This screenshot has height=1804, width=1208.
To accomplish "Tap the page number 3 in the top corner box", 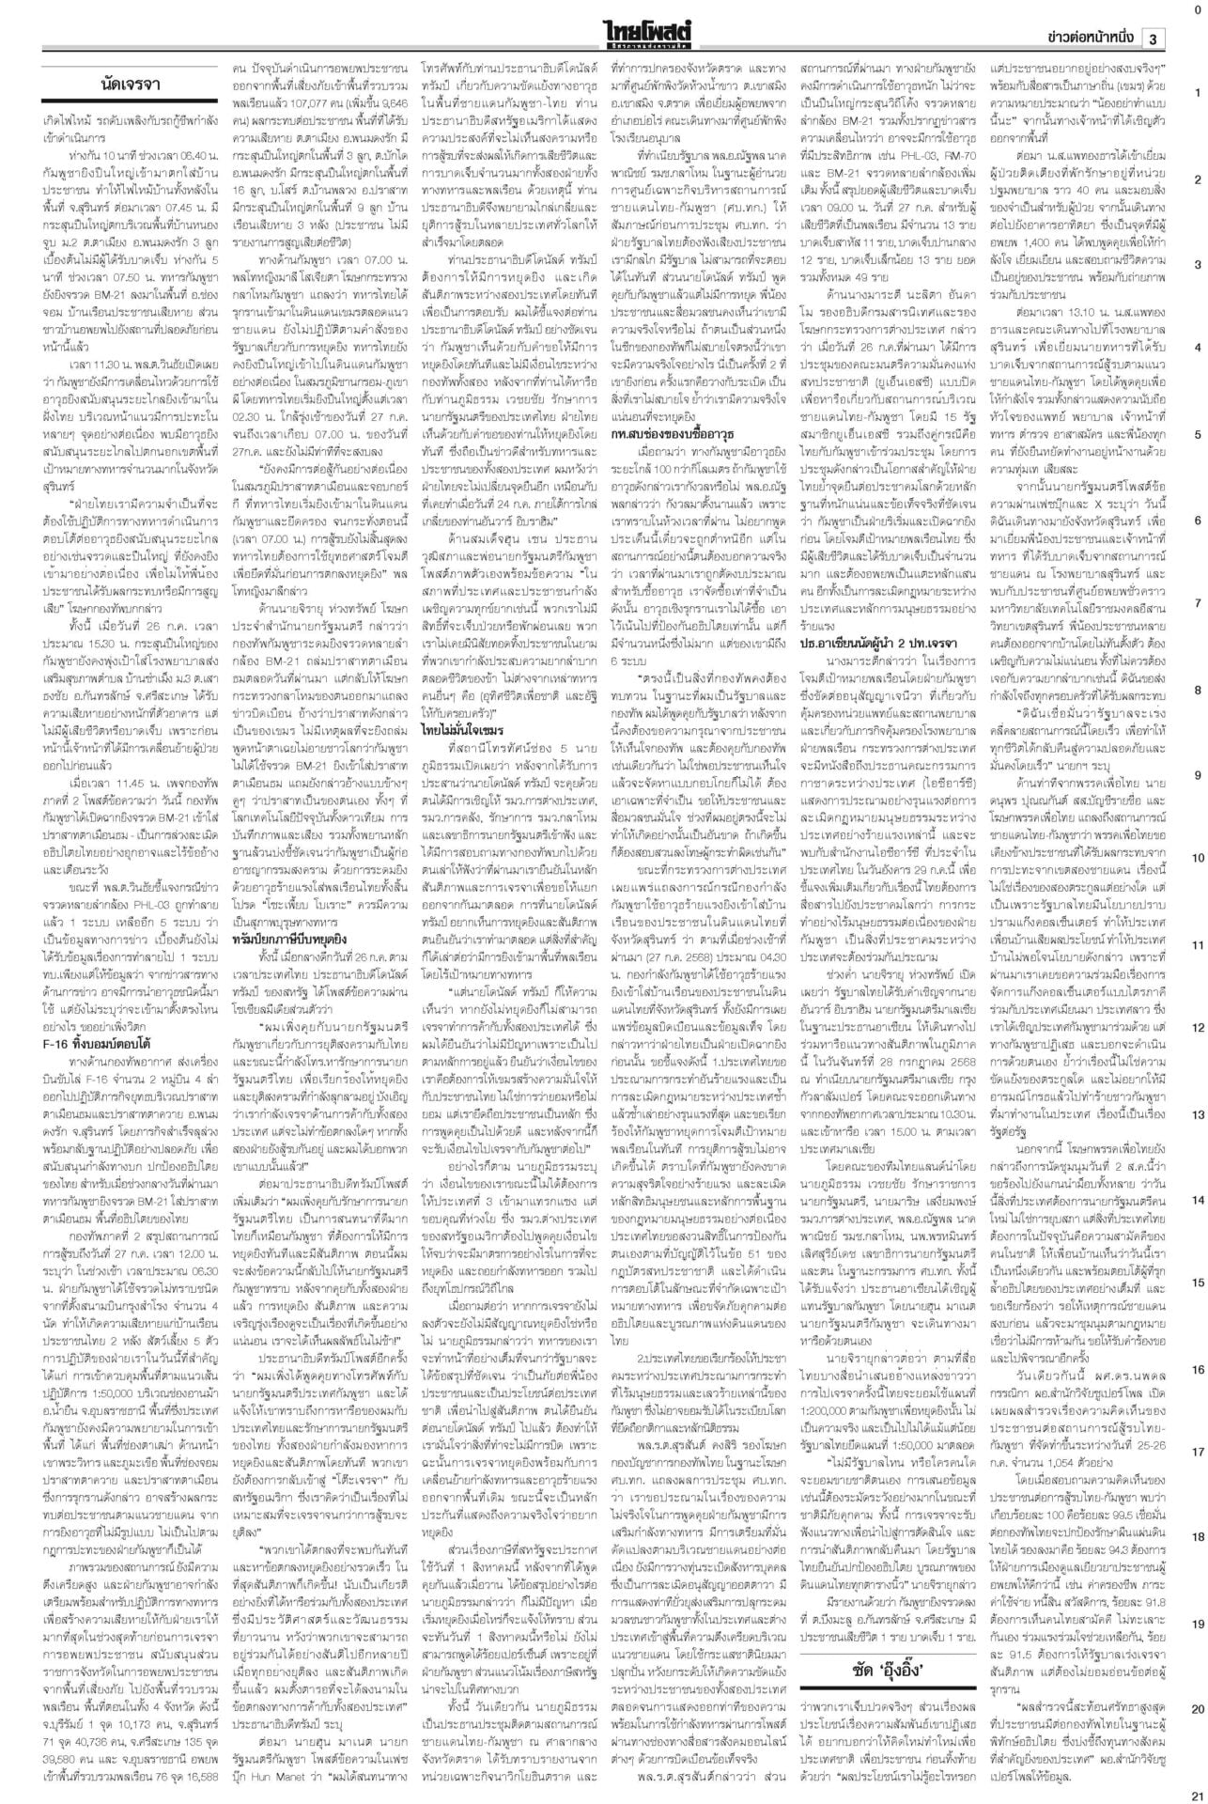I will (1153, 39).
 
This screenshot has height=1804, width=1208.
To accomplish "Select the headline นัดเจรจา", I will (130, 86).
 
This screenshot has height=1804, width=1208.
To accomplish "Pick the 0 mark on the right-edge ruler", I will (1197, 8).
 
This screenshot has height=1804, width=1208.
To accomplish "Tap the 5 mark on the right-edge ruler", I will (1197, 434).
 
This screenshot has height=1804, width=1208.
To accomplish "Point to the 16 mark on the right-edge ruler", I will (1197, 1370).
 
